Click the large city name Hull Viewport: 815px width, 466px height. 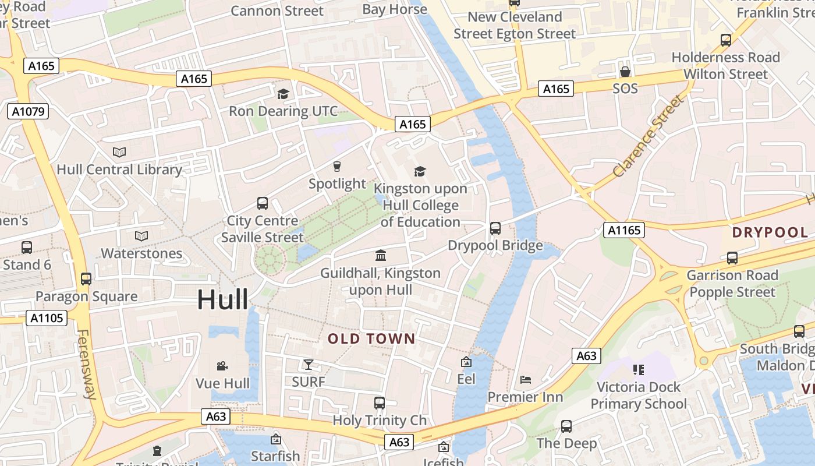coord(222,299)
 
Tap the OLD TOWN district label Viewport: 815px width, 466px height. coord(371,339)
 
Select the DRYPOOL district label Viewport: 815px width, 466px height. coord(770,232)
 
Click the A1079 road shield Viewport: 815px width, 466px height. coord(28,111)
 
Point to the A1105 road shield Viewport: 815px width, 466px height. coord(47,318)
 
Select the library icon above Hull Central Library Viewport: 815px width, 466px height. coord(119,153)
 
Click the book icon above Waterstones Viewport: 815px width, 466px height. coord(141,236)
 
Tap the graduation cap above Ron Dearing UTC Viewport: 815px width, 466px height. coord(283,94)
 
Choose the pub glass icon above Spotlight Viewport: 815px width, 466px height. coord(336,167)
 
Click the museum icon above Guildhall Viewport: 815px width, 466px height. coord(381,255)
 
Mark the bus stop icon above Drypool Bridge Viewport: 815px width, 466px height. coord(495,228)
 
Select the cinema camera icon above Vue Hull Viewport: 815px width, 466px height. coord(222,366)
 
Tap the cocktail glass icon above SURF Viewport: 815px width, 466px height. coord(308,365)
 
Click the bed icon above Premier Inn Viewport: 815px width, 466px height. coord(525,380)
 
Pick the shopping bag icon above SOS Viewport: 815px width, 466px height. coord(625,72)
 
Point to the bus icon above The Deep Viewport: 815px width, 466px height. coord(566,426)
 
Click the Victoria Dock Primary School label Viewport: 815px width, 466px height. coord(639,396)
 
